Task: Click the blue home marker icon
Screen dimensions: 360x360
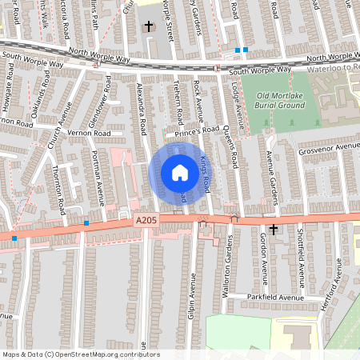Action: tap(179, 173)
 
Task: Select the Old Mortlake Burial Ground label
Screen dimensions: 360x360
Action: tap(279, 100)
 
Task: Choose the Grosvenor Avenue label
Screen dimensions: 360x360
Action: tap(330, 147)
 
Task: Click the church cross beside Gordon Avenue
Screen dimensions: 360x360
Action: tap(274, 230)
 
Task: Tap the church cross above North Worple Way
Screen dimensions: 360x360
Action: tap(148, 26)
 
